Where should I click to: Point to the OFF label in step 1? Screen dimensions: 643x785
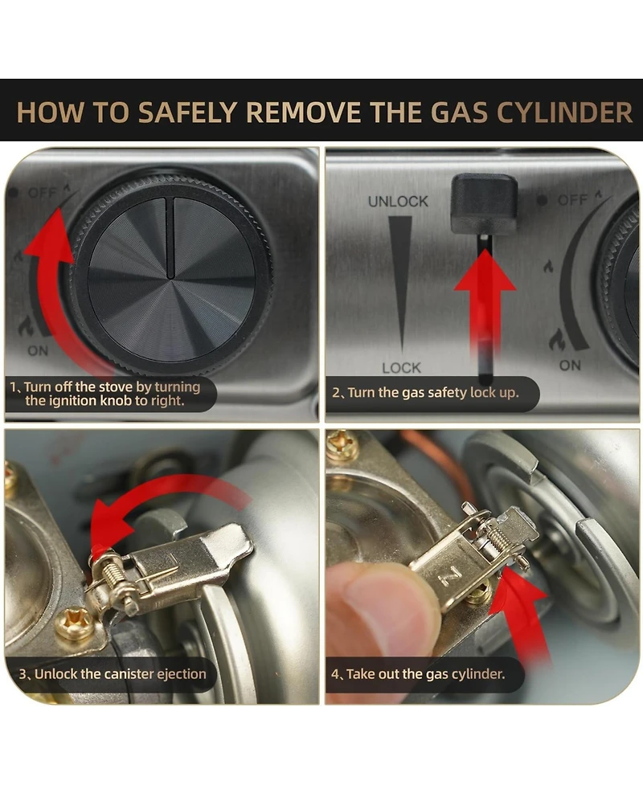click(42, 192)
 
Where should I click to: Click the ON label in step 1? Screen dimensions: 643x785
click(38, 350)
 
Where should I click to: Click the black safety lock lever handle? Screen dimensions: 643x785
click(484, 203)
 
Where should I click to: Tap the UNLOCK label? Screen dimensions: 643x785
click(398, 201)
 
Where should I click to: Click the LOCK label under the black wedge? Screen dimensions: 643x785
click(402, 368)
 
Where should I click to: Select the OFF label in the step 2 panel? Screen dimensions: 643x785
click(572, 200)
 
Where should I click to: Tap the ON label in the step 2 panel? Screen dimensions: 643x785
click(570, 366)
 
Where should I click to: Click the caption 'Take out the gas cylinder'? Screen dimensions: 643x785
click(425, 674)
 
